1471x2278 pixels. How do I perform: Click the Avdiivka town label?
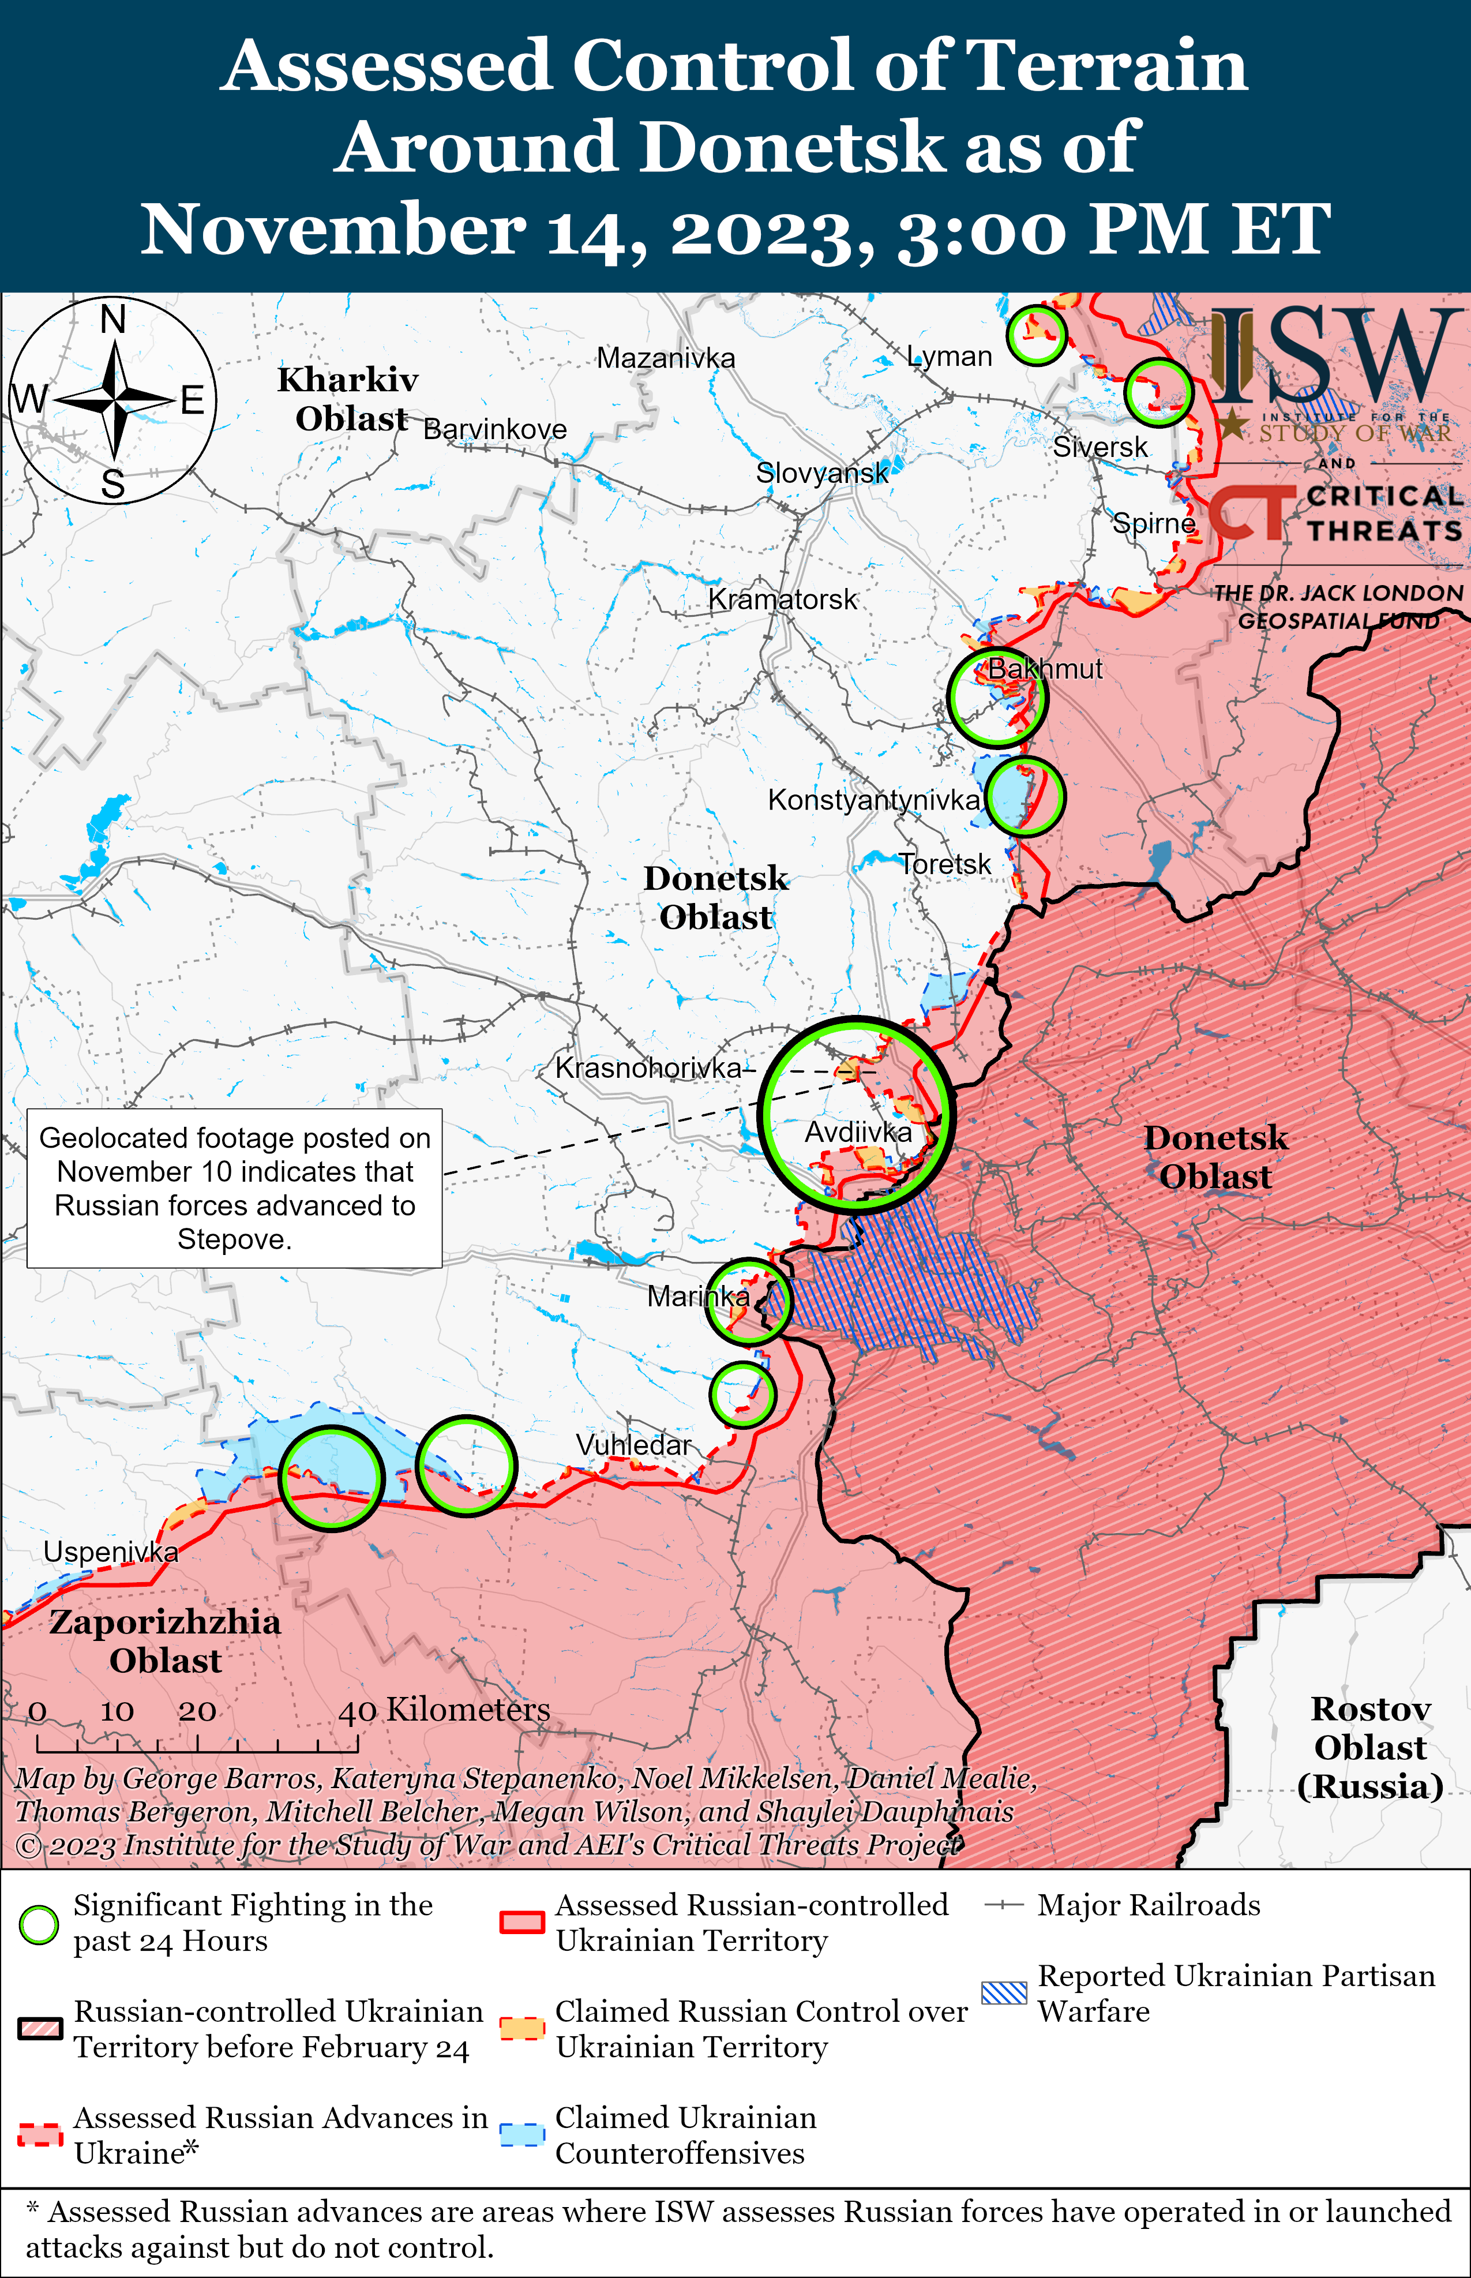pos(858,1132)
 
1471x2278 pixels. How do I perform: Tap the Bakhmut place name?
pos(1044,669)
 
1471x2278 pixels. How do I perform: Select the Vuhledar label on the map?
pos(633,1445)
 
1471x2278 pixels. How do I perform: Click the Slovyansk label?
pos(821,473)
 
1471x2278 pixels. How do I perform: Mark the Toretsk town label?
pos(945,864)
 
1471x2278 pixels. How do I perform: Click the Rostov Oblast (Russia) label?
pos(1369,1747)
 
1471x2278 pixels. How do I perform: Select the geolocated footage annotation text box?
pos(234,1188)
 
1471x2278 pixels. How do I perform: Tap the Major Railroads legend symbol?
pos(1004,1905)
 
